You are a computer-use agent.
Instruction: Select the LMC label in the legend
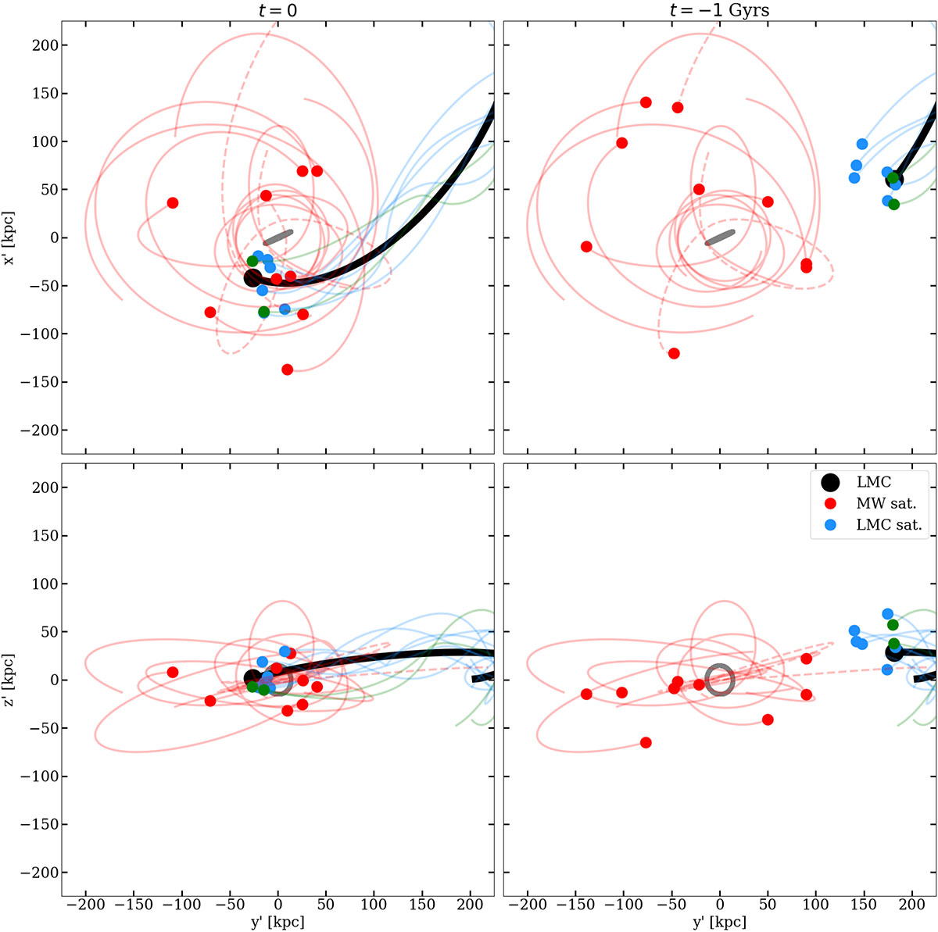pyautogui.click(x=874, y=483)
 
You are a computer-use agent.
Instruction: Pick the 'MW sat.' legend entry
pyautogui.click(x=886, y=504)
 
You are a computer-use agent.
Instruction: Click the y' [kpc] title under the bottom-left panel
pyautogui.click(x=277, y=922)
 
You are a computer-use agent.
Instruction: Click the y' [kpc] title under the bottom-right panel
pyautogui.click(x=720, y=922)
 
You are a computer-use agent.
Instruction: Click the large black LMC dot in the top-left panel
pyautogui.click(x=252, y=278)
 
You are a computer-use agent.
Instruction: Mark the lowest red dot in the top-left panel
pyautogui.click(x=287, y=370)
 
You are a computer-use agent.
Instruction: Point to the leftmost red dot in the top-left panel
pyautogui.click(x=173, y=203)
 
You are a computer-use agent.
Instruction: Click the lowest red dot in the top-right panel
pyautogui.click(x=674, y=353)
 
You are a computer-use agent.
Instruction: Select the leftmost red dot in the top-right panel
pyautogui.click(x=586, y=247)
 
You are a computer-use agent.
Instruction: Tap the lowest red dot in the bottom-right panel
pyautogui.click(x=646, y=742)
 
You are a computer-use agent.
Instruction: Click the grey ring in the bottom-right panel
pyautogui.click(x=720, y=680)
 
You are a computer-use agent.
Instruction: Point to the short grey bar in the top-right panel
pyautogui.click(x=720, y=237)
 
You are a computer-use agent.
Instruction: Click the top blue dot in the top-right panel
pyautogui.click(x=862, y=144)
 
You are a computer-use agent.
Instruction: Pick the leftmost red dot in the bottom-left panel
pyautogui.click(x=173, y=672)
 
